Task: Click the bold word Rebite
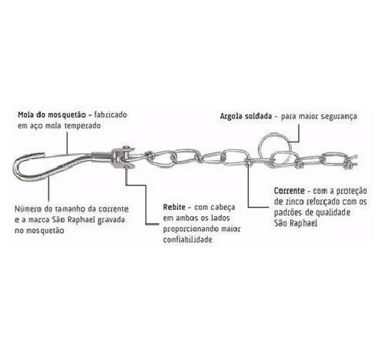point(174,207)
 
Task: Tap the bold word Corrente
point(290,191)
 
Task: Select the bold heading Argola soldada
point(246,116)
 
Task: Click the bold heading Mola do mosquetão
point(52,115)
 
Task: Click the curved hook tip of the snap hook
point(39,154)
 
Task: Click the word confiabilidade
point(188,240)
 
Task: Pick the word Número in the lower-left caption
point(28,209)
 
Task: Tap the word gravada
point(111,221)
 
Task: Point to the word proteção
point(351,192)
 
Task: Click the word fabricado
point(111,115)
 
